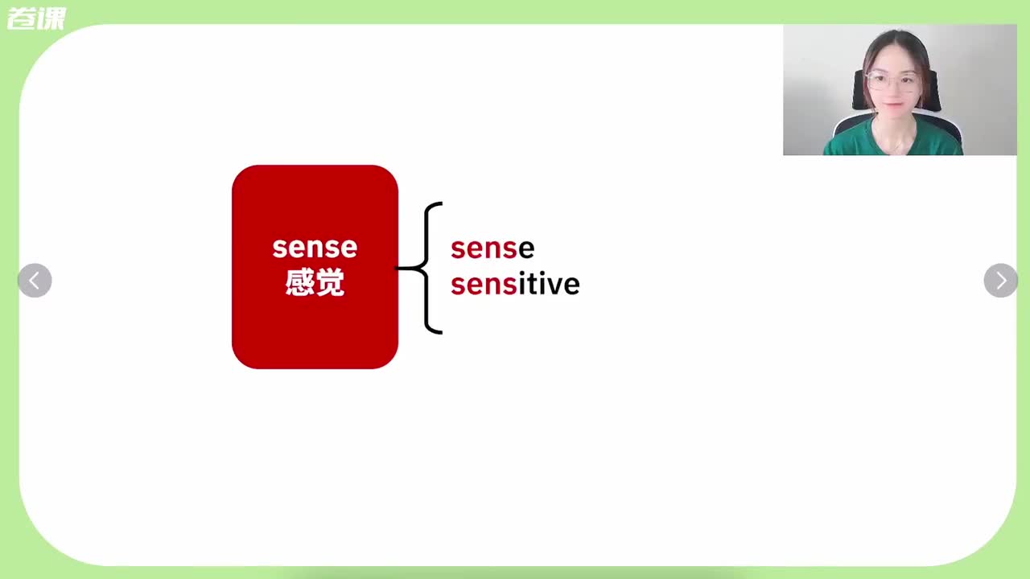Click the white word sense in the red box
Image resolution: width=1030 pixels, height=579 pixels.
click(x=315, y=248)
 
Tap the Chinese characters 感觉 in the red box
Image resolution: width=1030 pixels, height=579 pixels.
click(x=315, y=281)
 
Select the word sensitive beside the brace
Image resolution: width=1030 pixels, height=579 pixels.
click(x=515, y=284)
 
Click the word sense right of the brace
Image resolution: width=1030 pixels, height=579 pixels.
click(x=492, y=248)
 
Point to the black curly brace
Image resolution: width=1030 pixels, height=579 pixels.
click(x=426, y=268)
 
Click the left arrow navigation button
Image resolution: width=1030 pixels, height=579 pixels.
click(x=35, y=281)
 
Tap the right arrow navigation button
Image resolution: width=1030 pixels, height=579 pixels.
click(x=1000, y=281)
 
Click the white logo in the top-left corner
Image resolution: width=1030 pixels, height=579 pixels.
click(x=37, y=18)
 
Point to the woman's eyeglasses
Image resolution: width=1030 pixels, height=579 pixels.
click(x=892, y=81)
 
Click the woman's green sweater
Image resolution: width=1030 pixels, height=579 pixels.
click(x=892, y=138)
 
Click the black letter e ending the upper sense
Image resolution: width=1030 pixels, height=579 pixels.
click(x=526, y=249)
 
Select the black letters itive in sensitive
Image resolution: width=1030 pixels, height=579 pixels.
click(x=549, y=284)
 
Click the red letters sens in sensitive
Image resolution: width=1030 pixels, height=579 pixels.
click(x=484, y=285)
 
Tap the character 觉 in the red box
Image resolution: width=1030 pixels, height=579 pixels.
click(x=330, y=281)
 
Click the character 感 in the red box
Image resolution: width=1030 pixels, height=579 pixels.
click(x=300, y=281)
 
